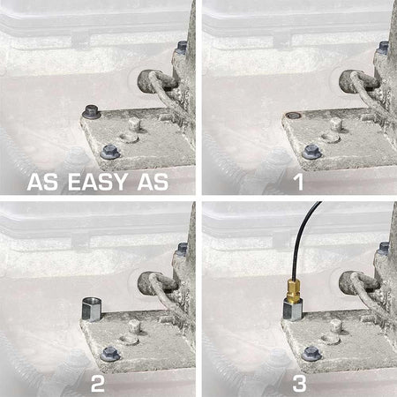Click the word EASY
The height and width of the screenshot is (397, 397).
click(x=98, y=182)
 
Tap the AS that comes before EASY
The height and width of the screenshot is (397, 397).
click(x=42, y=182)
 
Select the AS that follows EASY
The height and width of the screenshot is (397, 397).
click(x=154, y=182)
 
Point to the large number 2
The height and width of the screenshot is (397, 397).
click(x=98, y=383)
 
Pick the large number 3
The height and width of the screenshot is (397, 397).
click(x=299, y=383)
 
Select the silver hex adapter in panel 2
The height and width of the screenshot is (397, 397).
click(x=91, y=310)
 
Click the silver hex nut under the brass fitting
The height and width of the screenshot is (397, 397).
click(x=292, y=310)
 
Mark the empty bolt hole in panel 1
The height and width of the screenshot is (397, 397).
click(x=293, y=115)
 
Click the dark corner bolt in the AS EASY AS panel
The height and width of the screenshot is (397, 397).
click(x=92, y=112)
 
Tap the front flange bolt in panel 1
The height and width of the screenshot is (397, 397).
click(x=311, y=152)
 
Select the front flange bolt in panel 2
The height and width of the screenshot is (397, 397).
click(x=110, y=354)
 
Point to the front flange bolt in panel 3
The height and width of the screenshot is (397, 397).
click(x=311, y=354)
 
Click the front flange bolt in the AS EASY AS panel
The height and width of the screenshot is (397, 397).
click(x=110, y=152)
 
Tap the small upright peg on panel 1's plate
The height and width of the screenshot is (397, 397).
click(x=335, y=124)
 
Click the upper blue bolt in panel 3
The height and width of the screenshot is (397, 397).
click(x=384, y=249)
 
